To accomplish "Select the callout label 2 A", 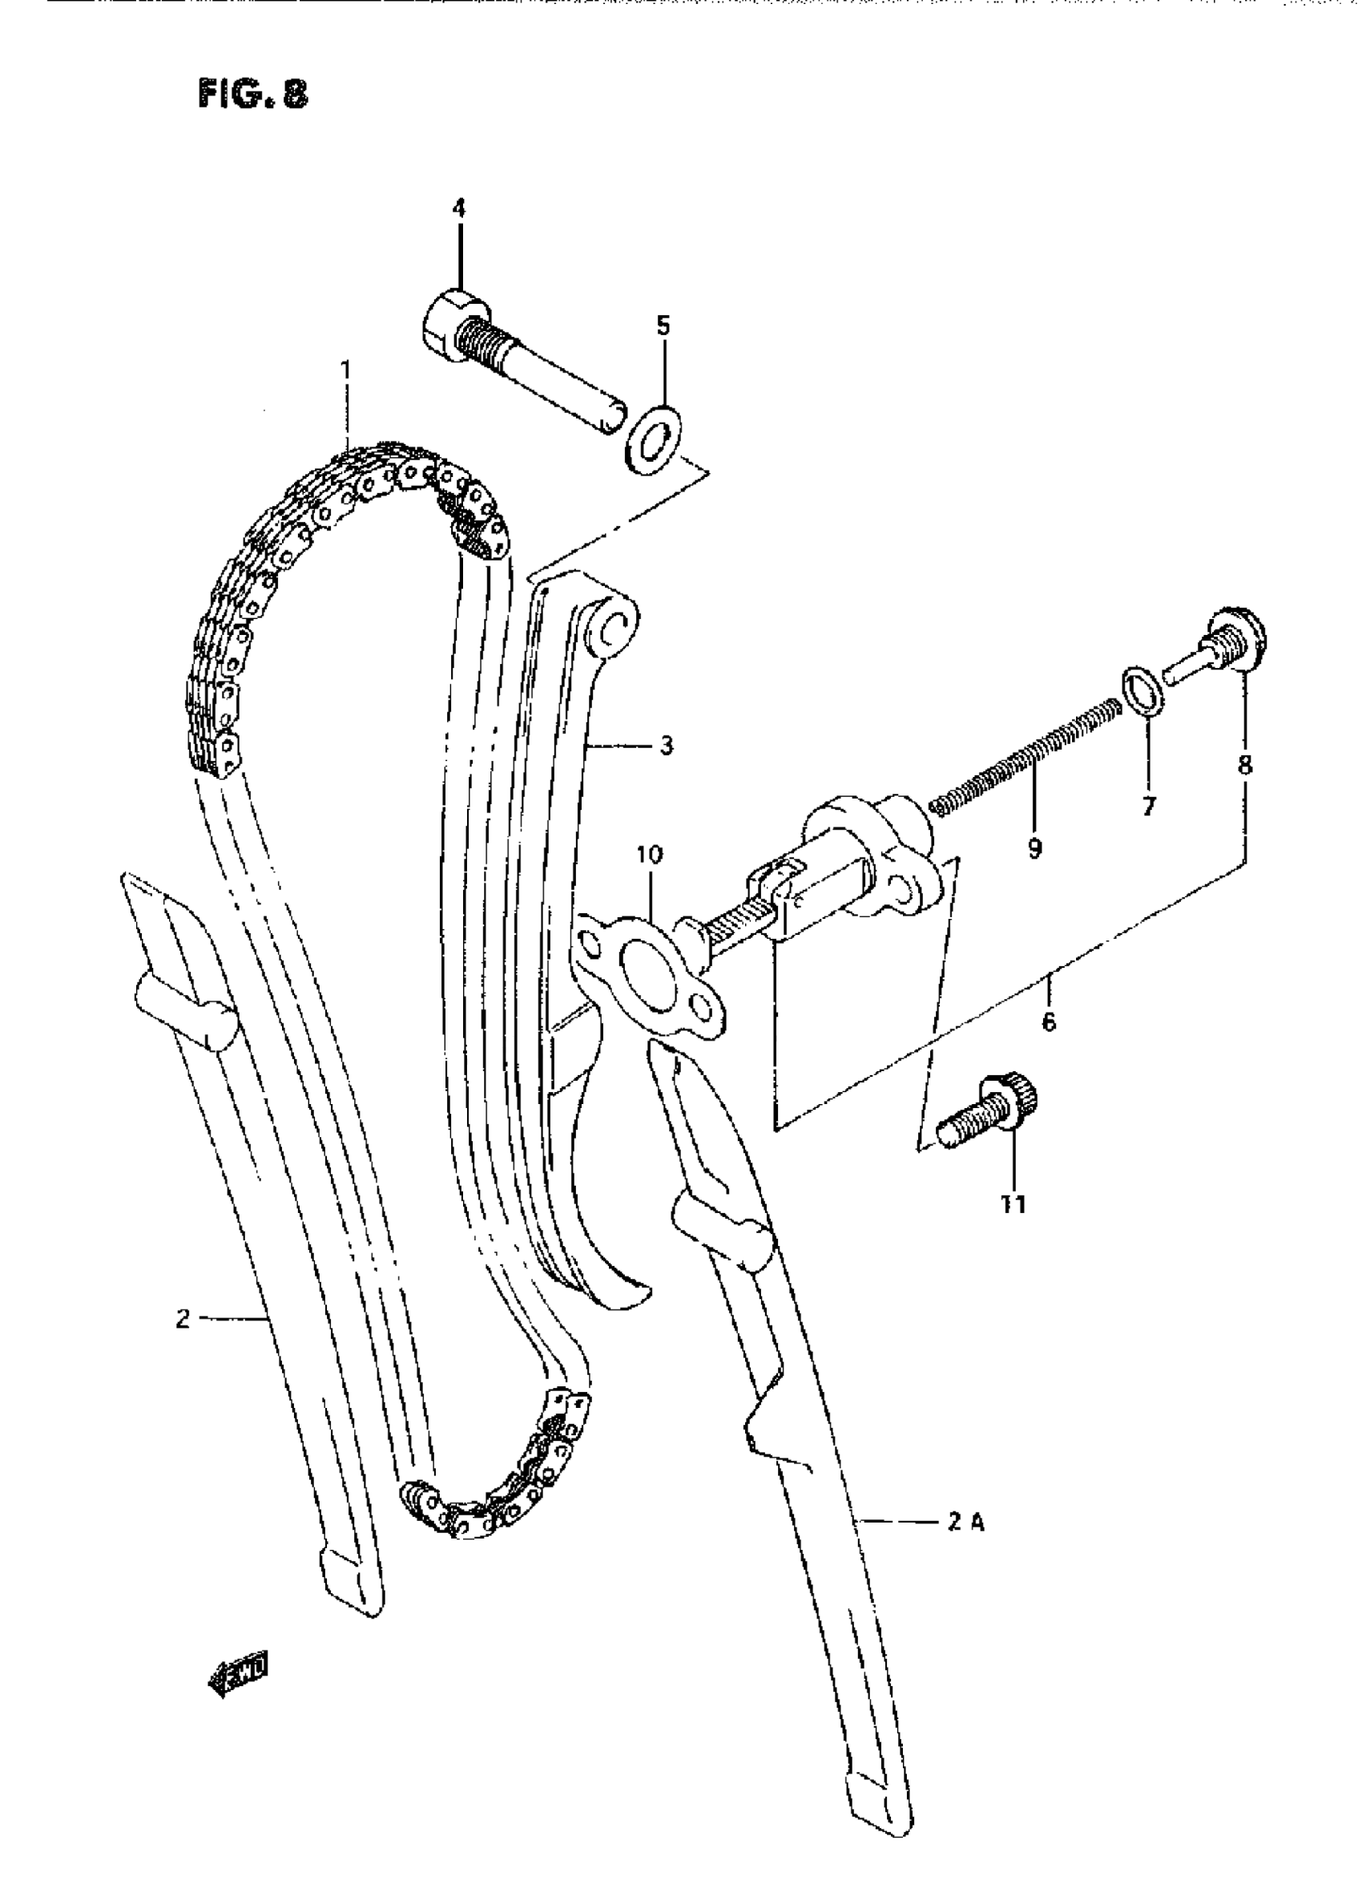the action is pyautogui.click(x=965, y=1523).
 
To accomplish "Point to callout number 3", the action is pyautogui.click(x=667, y=746).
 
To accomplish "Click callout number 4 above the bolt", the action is pyautogui.click(x=458, y=208).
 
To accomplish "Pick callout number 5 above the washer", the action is pyautogui.click(x=663, y=326).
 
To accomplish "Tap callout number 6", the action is pyautogui.click(x=1049, y=1022).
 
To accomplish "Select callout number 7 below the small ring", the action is pyautogui.click(x=1148, y=805).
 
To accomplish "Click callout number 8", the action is pyautogui.click(x=1245, y=764).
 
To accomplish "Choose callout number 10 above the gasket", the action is pyautogui.click(x=651, y=854).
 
